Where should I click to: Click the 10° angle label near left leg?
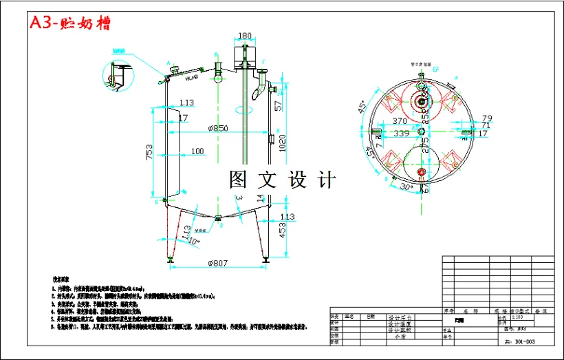click(195, 242)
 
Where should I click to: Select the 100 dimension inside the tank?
click(197, 151)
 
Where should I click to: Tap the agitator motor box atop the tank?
click(245, 53)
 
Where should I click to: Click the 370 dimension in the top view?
click(400, 120)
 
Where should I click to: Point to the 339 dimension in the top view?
click(400, 133)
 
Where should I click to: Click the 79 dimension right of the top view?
click(486, 118)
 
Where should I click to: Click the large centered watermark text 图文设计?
click(283, 180)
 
